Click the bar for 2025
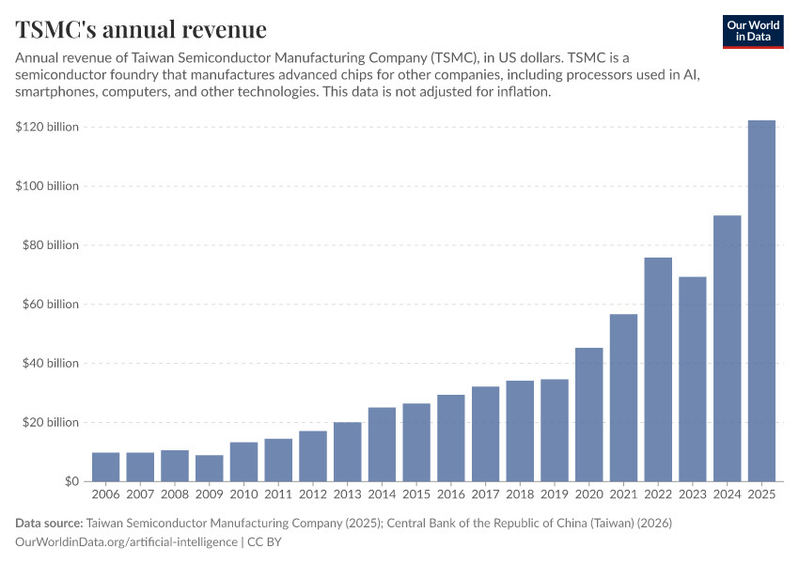click(x=761, y=301)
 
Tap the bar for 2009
click(x=210, y=468)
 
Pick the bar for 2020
click(x=589, y=415)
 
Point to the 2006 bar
click(x=105, y=466)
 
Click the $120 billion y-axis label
click(x=47, y=127)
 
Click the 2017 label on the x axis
click(x=485, y=493)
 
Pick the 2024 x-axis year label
click(x=727, y=493)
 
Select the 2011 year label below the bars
click(x=278, y=493)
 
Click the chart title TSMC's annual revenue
click(x=141, y=30)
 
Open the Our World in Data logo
click(x=752, y=31)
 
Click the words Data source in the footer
click(x=49, y=523)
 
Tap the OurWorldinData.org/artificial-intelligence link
click(x=126, y=542)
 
